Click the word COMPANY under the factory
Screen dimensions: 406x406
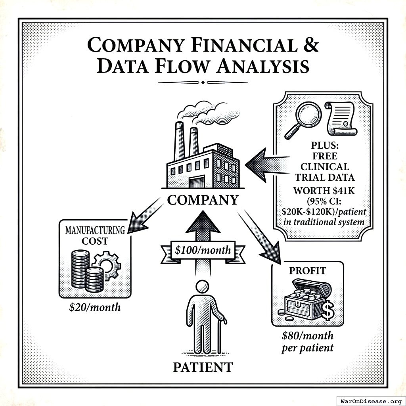203,199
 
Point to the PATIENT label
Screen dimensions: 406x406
203,367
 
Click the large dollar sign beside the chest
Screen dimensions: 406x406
328,312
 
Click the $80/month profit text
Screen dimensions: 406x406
307,336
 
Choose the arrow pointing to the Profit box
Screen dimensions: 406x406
262,238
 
